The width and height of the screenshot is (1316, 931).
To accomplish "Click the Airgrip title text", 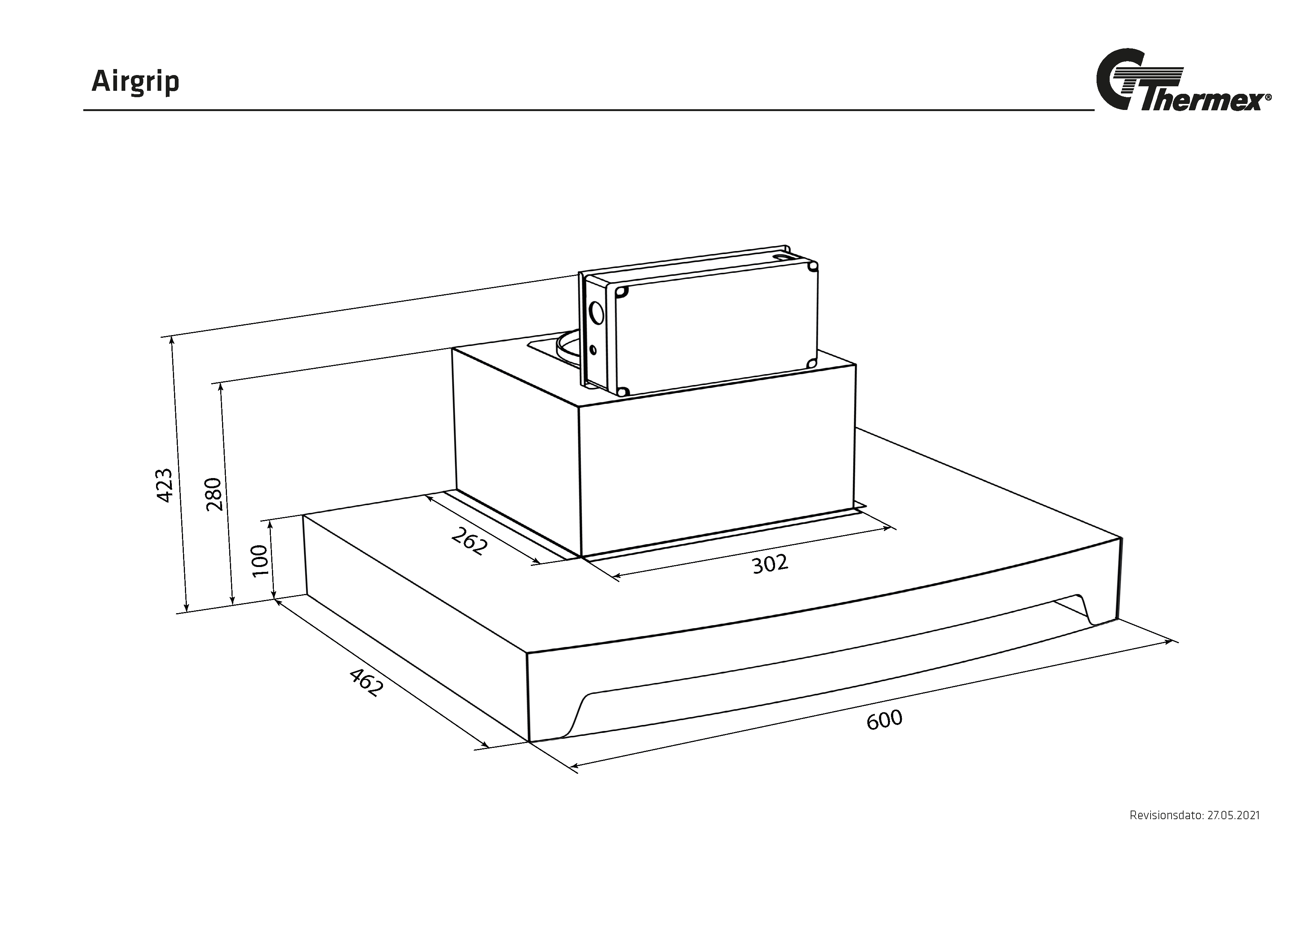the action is [135, 83].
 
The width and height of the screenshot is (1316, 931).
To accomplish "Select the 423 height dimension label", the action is [164, 486].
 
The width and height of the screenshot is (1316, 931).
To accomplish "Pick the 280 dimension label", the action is [213, 494].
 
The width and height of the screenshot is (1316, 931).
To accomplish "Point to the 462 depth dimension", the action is [365, 682].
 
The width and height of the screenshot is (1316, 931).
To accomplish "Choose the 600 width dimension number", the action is [885, 720].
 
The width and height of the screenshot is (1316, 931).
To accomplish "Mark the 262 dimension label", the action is [469, 541].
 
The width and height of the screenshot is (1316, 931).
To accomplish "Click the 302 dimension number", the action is [770, 564].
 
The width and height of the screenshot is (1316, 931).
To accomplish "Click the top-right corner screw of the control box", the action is [812, 266].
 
